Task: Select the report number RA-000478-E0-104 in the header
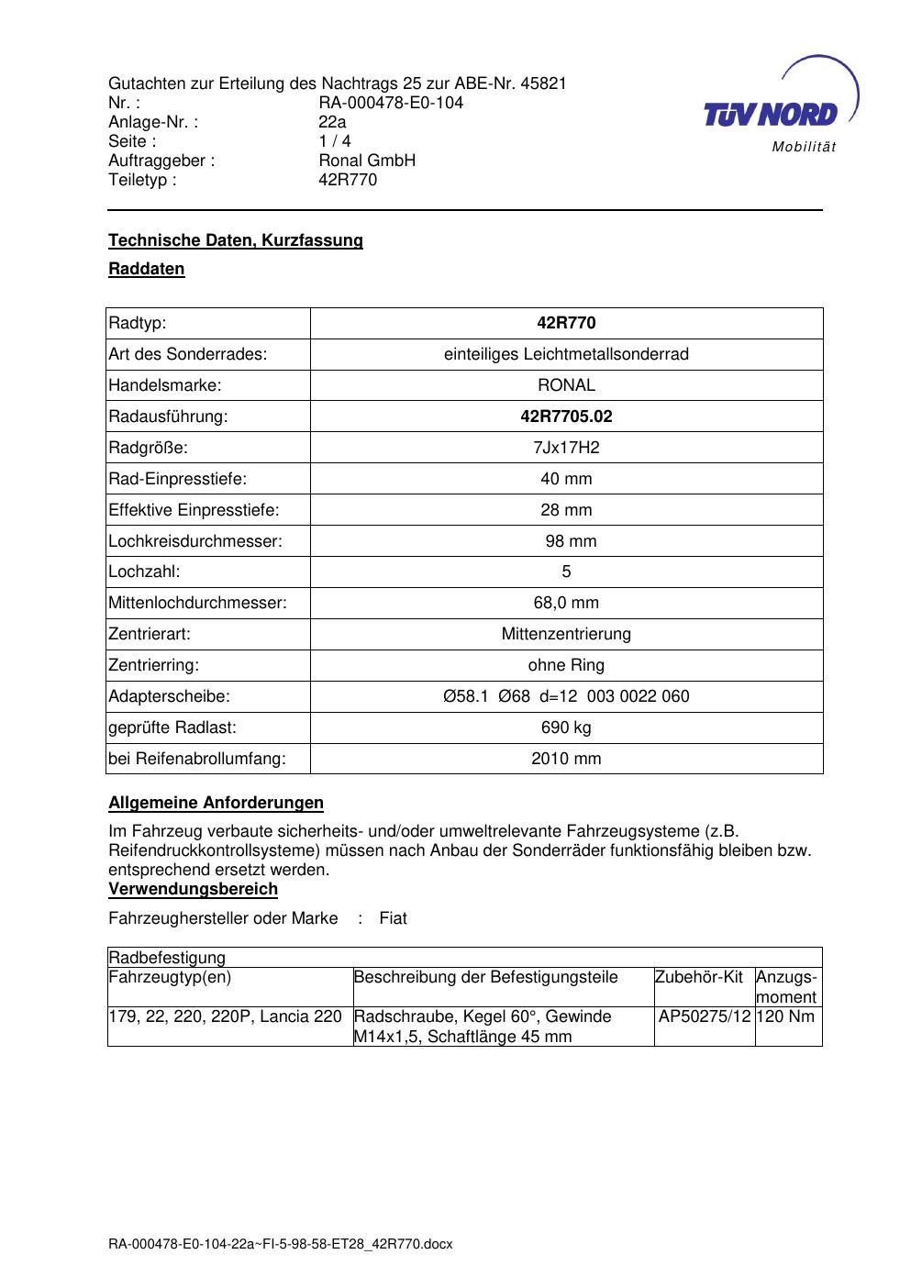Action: (x=391, y=103)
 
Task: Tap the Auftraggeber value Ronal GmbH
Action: (x=367, y=161)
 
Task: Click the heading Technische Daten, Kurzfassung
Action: (x=236, y=240)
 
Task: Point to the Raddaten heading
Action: (x=147, y=269)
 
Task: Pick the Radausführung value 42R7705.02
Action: (x=566, y=416)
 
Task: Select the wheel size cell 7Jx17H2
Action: (x=566, y=448)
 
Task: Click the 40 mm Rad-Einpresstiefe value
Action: (x=566, y=479)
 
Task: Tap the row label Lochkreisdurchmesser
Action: (x=195, y=541)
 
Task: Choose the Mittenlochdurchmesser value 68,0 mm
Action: (x=566, y=603)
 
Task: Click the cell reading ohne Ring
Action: (x=566, y=665)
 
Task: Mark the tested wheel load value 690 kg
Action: (x=566, y=727)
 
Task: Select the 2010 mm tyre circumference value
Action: (x=566, y=759)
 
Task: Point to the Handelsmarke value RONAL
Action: (x=566, y=385)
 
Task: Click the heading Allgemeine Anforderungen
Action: (x=216, y=803)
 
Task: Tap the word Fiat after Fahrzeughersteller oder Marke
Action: (x=393, y=918)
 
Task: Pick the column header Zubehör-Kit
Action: (x=699, y=977)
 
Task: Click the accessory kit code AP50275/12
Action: (x=705, y=1016)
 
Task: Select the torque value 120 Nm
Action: (x=786, y=1016)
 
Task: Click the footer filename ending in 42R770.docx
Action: (x=281, y=1245)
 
